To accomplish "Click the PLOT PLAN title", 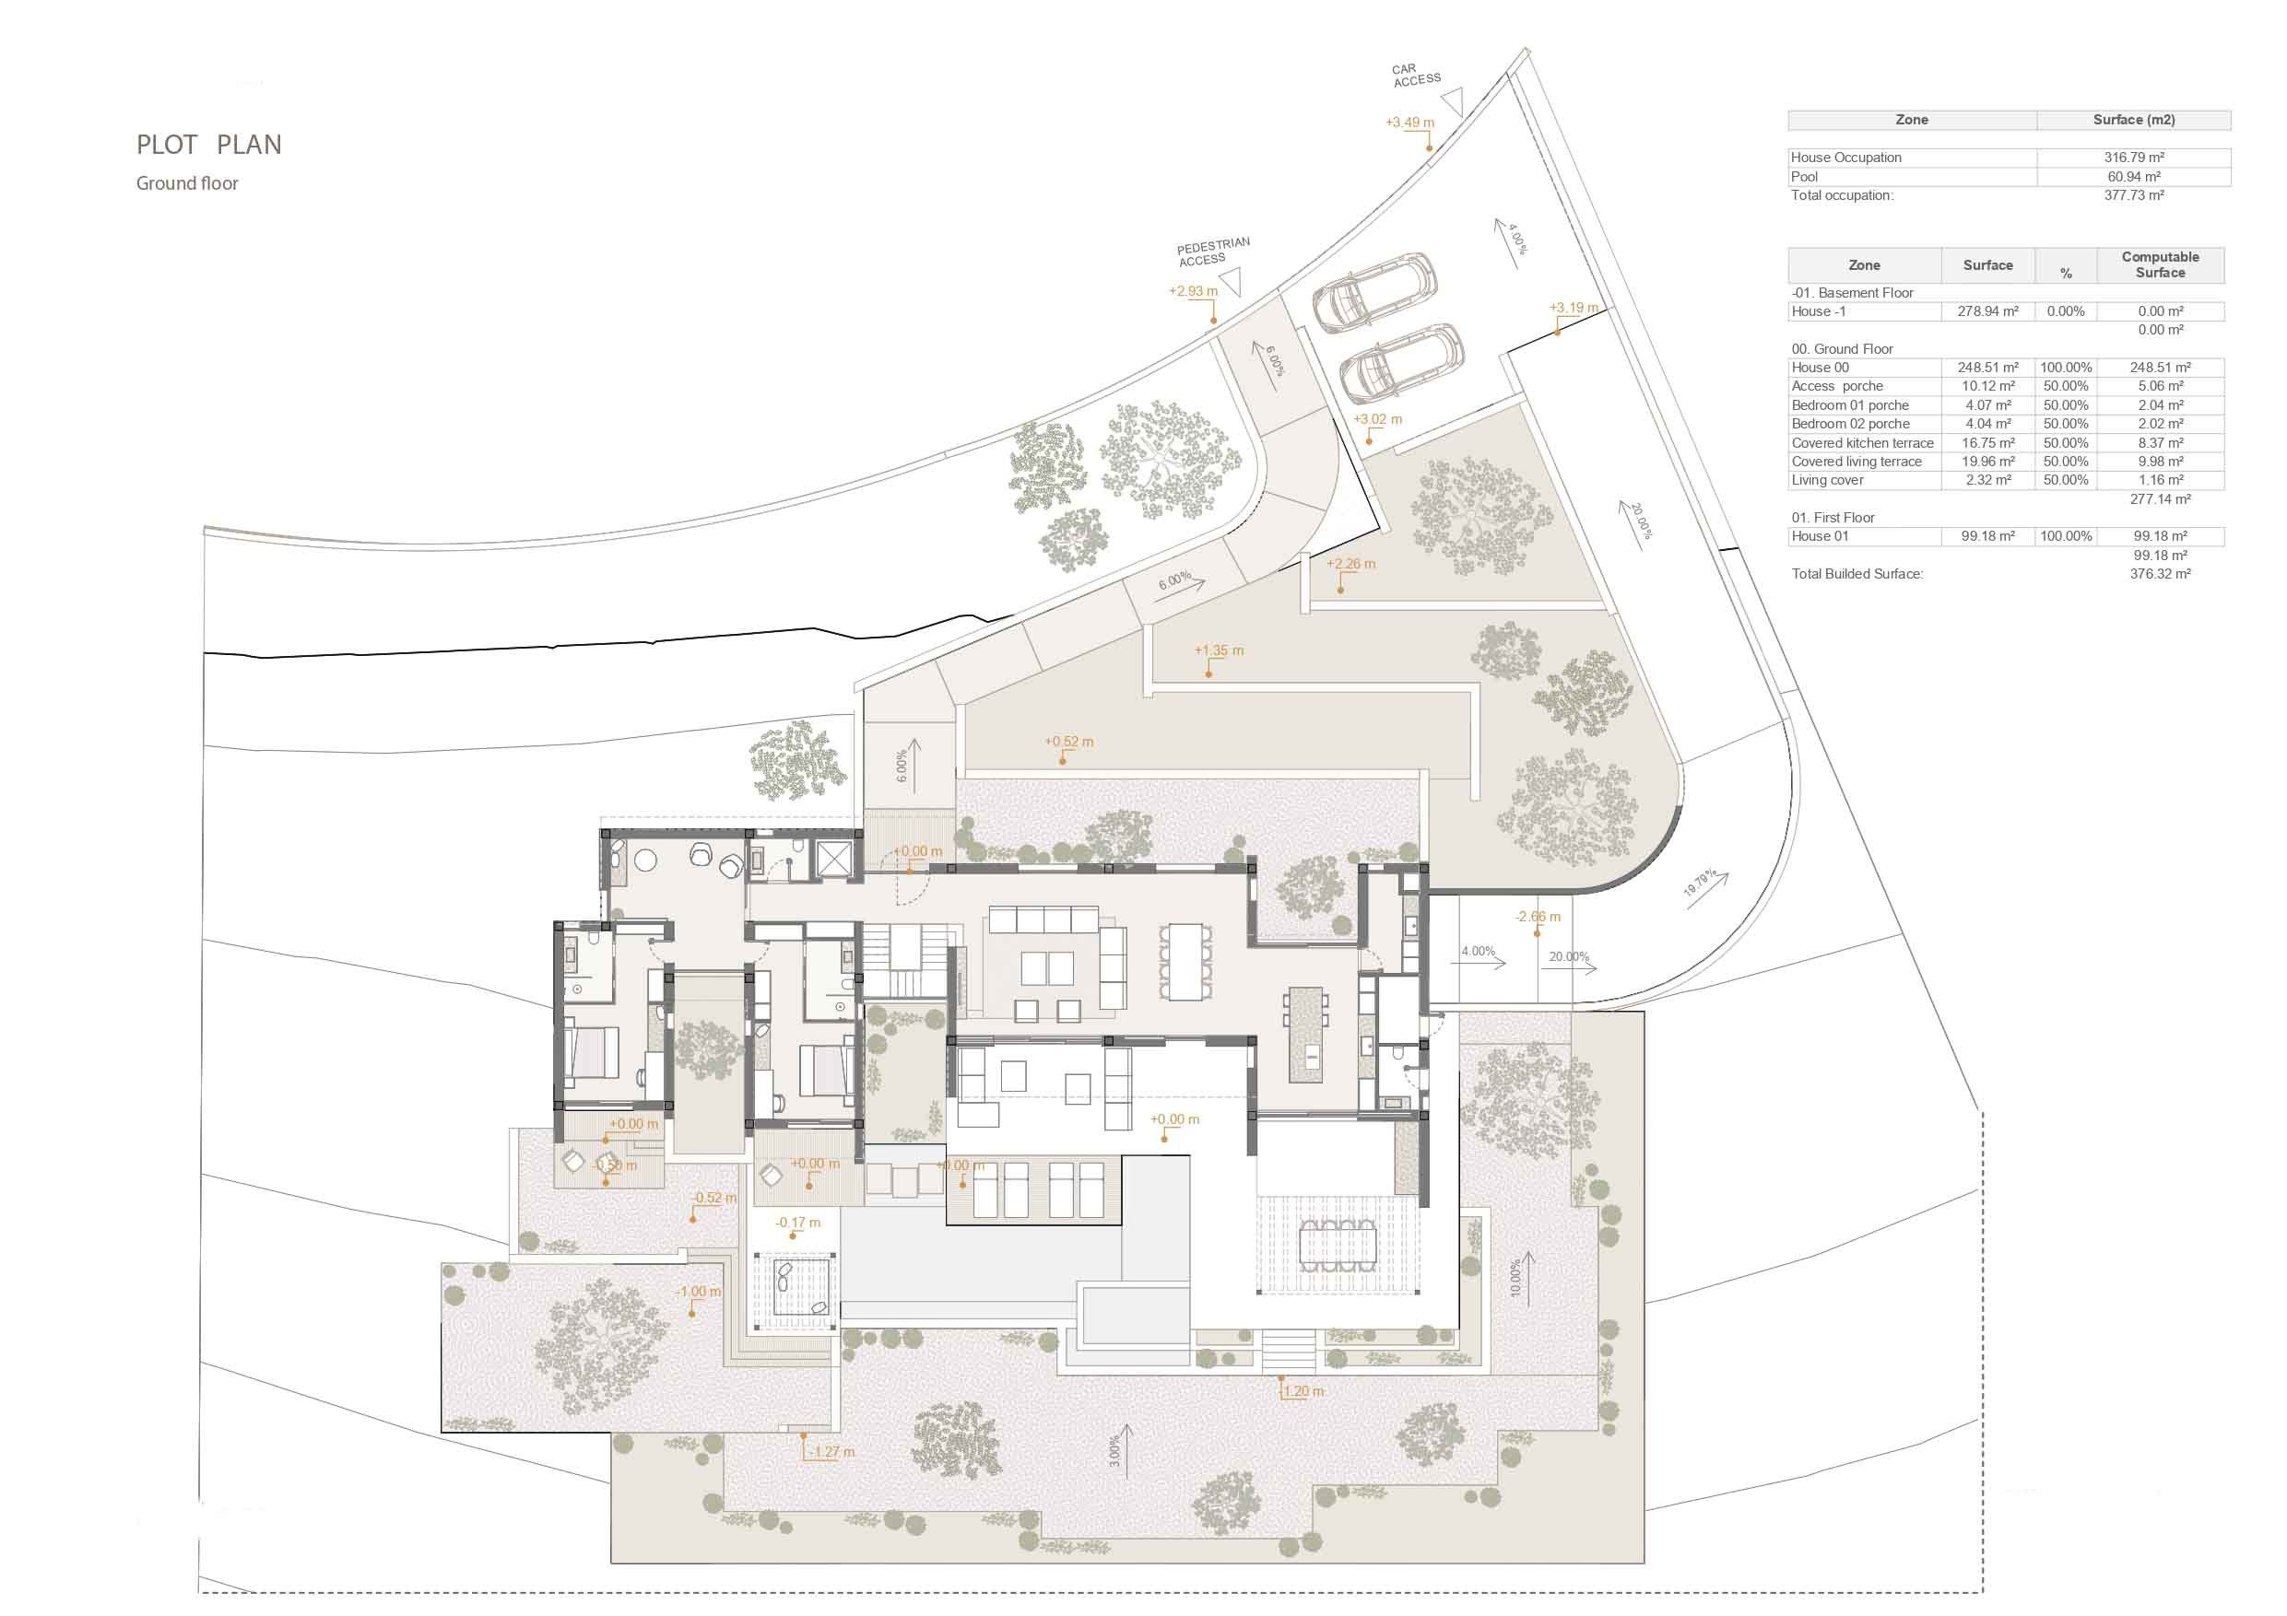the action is [x=209, y=145].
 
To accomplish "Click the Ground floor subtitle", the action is [x=187, y=183].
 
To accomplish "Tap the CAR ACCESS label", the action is [x=1415, y=75].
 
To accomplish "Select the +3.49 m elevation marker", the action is [x=1409, y=123].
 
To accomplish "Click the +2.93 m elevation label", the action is [x=1192, y=292].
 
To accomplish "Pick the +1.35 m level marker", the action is [x=1219, y=650].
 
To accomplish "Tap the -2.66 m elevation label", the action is [x=1538, y=916].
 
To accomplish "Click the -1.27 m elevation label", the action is [x=831, y=1452].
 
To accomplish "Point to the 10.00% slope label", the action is [x=1516, y=1278].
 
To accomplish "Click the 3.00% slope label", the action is [x=1114, y=1450].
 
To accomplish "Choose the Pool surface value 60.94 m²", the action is [x=2134, y=176].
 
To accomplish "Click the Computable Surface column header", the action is [x=2160, y=264].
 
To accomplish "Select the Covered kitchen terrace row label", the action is [x=1862, y=443].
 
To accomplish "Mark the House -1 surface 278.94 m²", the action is [x=1987, y=311].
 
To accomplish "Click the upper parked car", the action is [x=1374, y=291].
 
